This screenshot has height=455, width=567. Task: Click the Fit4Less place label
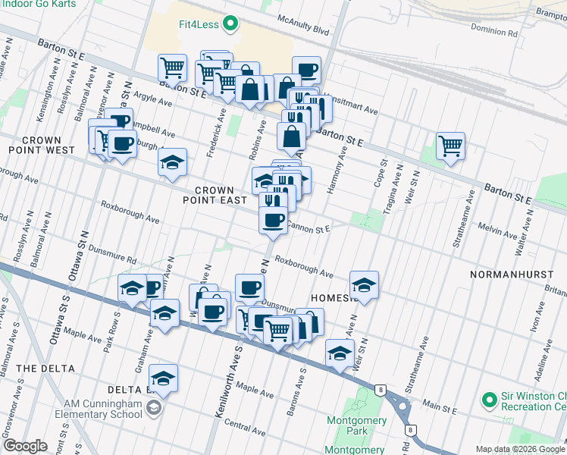(199, 24)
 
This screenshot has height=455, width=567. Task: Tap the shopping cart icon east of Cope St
(451, 146)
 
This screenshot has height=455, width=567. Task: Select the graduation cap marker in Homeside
(364, 285)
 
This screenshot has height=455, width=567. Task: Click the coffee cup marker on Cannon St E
(273, 220)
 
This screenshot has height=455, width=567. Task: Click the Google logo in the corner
(25, 446)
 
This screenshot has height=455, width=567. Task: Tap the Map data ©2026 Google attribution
(519, 449)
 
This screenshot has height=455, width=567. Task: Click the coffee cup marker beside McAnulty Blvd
(307, 71)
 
